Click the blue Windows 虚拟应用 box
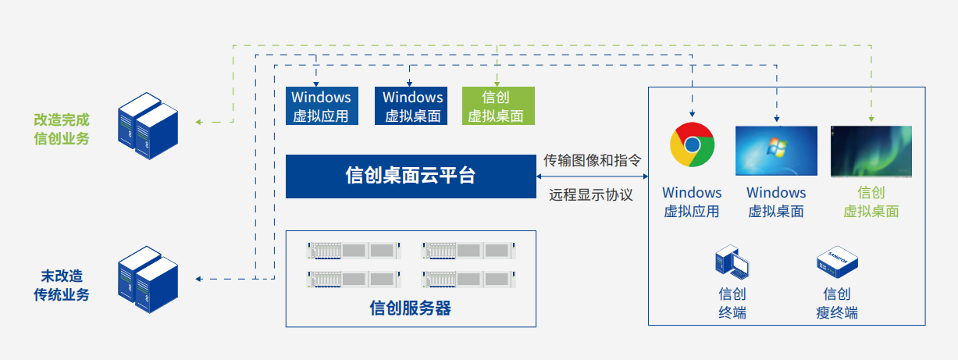[x=321, y=106]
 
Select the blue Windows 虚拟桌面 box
[x=412, y=106]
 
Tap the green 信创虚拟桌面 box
[x=498, y=106]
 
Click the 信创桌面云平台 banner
[x=410, y=176]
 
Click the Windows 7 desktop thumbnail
[x=776, y=151]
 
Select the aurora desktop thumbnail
[x=871, y=151]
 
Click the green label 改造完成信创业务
[x=62, y=129]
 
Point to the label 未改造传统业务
[x=62, y=285]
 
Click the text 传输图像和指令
[x=593, y=161]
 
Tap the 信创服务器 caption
[x=410, y=308]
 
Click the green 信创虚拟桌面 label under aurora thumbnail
[x=871, y=201]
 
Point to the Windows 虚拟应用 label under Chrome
[x=692, y=201]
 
